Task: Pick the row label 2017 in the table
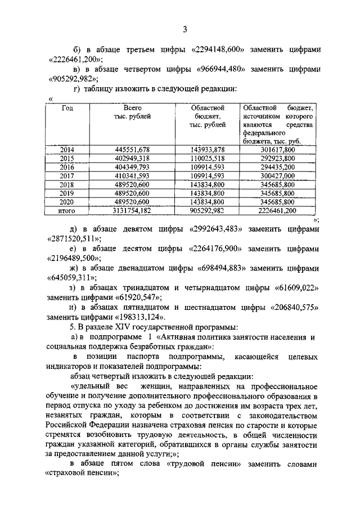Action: (67, 175)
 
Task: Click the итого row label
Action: (67, 210)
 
